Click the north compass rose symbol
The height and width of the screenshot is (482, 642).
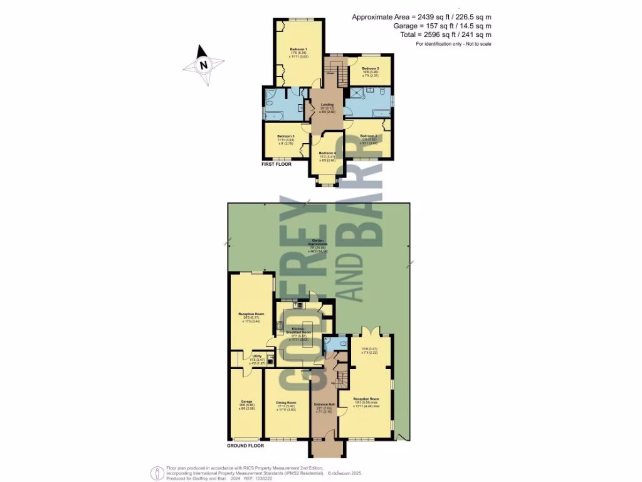203,65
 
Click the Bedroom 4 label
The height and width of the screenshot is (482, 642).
327,153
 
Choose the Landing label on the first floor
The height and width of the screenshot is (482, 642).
327,105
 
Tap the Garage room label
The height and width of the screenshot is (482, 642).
246,401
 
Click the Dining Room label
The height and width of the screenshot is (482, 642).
285,403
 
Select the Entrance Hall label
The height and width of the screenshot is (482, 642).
324,404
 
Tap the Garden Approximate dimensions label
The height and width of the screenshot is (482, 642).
320,242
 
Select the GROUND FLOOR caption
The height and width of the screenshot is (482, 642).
245,446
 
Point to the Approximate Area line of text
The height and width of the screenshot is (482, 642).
421,16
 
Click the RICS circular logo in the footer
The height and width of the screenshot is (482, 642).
154,473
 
